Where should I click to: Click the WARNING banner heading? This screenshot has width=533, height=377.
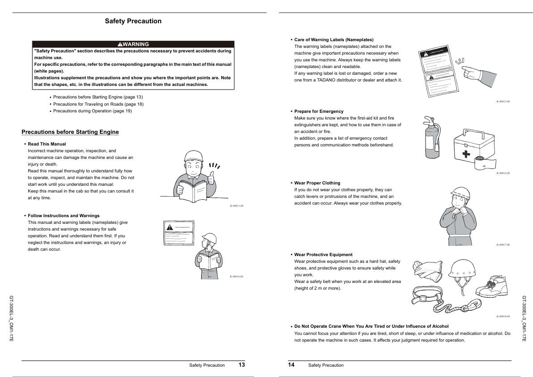point(133,44)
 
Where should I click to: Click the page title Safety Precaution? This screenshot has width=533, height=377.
point(133,21)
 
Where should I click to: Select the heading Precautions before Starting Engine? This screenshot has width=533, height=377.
point(70,132)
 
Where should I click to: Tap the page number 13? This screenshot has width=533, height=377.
point(242,365)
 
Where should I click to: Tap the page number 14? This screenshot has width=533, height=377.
point(291,365)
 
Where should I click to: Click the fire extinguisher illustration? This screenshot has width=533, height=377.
point(432,137)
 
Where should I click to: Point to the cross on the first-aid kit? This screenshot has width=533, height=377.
point(466,154)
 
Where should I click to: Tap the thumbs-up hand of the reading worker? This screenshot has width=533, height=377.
point(212,178)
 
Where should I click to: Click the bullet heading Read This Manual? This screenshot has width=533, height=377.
point(47,144)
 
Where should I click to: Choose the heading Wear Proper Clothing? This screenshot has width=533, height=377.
point(317,183)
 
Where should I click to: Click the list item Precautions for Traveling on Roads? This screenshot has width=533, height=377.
point(98,104)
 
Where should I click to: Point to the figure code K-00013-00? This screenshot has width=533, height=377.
point(236,206)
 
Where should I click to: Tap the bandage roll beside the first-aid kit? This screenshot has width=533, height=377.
point(483,164)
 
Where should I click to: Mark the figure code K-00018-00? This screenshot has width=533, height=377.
point(503,316)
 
